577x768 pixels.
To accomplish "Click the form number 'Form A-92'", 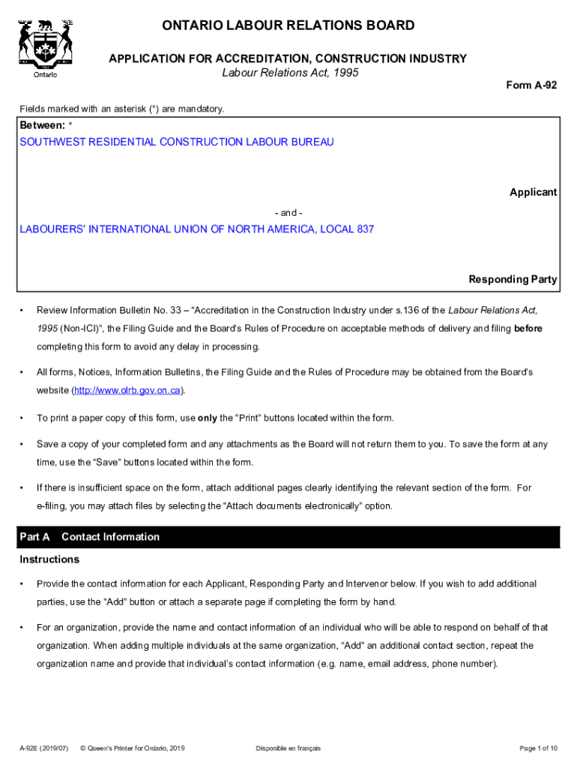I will pyautogui.click(x=531, y=85).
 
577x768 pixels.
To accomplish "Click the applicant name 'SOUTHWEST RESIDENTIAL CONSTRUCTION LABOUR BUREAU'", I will pyautogui.click(x=177, y=142).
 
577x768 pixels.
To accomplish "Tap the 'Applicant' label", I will pyautogui.click(x=533, y=193).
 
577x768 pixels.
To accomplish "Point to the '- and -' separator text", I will pyautogui.click(x=288, y=213).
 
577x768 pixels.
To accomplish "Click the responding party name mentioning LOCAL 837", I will pyautogui.click(x=197, y=229).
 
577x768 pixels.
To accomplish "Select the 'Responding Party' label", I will pyautogui.click(x=513, y=280).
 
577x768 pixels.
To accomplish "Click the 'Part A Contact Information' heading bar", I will pyautogui.click(x=288, y=537).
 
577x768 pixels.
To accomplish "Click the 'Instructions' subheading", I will pyautogui.click(x=49, y=560).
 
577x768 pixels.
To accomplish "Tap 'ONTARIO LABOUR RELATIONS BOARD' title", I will pyautogui.click(x=288, y=26).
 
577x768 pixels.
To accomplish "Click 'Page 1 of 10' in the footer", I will pyautogui.click(x=538, y=748).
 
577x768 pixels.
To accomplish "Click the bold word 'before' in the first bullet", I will pyautogui.click(x=528, y=328).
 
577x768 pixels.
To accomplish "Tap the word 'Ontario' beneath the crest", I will pyautogui.click(x=45, y=74).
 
